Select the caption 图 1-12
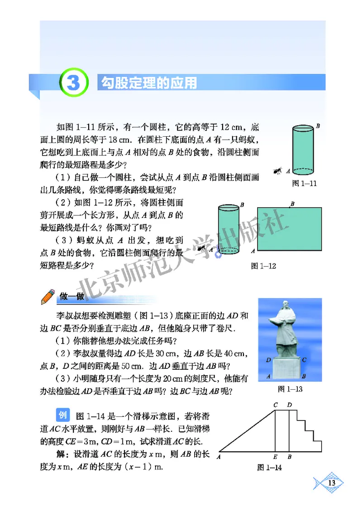(x=263, y=266)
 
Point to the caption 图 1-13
(x=290, y=389)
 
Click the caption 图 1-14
(x=269, y=468)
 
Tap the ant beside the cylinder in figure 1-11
(x=277, y=171)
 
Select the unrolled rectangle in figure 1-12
(x=289, y=230)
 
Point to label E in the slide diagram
(x=276, y=457)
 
